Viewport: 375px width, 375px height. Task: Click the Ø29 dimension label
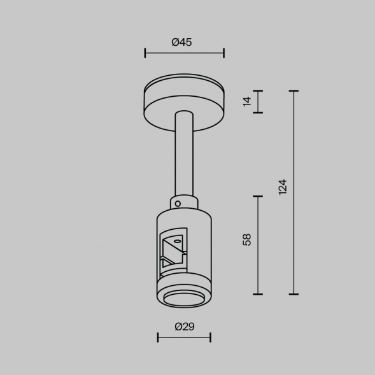point(184,327)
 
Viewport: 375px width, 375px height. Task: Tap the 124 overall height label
point(283,187)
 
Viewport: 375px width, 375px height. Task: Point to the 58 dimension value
point(248,239)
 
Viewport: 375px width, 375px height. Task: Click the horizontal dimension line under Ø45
point(184,53)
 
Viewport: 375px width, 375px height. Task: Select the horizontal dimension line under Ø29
point(184,337)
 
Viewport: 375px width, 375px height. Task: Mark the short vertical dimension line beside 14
point(258,102)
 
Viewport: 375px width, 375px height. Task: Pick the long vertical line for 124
point(294,192)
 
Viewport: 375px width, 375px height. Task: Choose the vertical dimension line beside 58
point(258,245)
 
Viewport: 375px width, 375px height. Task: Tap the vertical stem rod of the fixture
point(183,153)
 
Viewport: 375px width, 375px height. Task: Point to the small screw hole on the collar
point(179,204)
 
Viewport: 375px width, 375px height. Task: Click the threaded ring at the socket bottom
point(183,299)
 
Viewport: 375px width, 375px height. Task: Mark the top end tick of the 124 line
point(294,91)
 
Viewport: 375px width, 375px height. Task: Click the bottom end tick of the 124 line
point(294,294)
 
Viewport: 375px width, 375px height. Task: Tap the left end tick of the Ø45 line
point(145,53)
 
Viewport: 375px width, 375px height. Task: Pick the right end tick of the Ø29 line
point(210,337)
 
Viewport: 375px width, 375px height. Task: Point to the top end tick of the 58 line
point(258,196)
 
